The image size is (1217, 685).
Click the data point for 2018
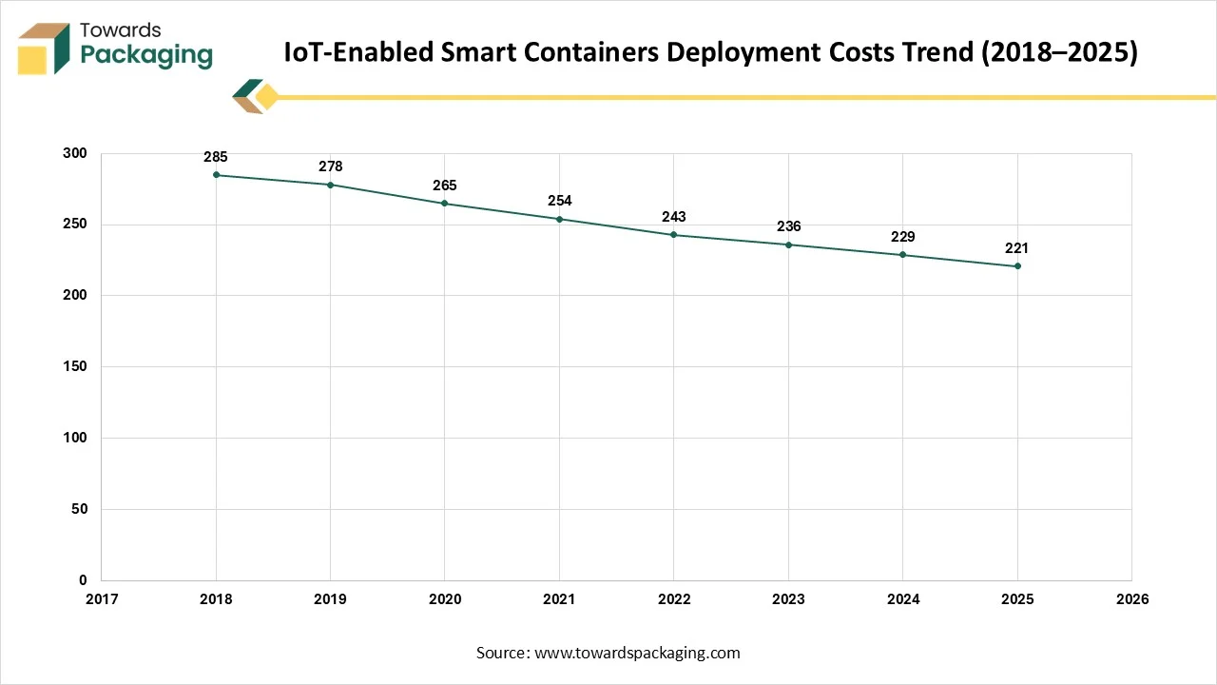coord(216,175)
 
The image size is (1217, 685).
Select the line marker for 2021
coord(559,219)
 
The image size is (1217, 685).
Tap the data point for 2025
coord(1017,266)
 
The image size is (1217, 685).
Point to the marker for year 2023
coord(788,245)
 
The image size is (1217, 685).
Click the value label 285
coord(216,157)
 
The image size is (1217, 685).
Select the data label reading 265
coord(445,186)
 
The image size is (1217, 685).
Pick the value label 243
coord(674,217)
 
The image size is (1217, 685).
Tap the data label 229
coord(902,237)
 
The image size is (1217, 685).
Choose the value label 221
coord(1017,248)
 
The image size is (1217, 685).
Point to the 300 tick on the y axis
coord(74,154)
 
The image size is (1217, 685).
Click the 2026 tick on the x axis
coord(1131,599)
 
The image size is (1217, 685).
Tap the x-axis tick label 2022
coord(674,599)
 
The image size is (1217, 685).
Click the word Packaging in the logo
coord(146,55)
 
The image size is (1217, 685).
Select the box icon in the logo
coord(45,49)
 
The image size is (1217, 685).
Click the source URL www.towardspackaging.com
coord(637,653)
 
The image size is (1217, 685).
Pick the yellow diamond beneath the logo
coord(267,97)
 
